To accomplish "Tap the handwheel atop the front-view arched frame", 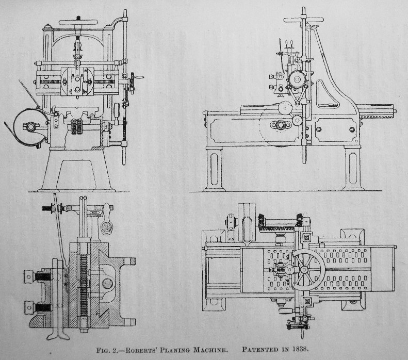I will (78, 23).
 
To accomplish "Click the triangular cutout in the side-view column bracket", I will (327, 95).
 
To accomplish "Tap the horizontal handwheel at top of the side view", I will (303, 20).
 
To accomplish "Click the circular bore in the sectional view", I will (107, 283).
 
